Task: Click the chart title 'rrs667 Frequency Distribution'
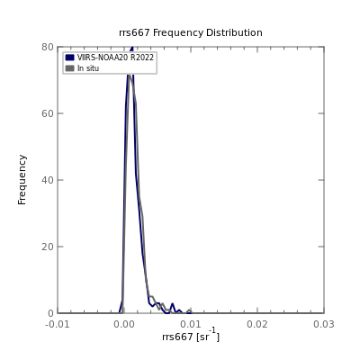click(x=191, y=32)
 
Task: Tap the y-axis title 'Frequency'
click(x=22, y=180)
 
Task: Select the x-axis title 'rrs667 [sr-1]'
click(x=191, y=336)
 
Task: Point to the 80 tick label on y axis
click(x=48, y=47)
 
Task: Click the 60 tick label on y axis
click(x=48, y=113)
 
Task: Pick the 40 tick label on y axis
click(x=48, y=180)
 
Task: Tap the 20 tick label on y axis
click(x=48, y=247)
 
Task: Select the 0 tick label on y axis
click(x=50, y=313)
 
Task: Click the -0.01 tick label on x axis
click(x=58, y=324)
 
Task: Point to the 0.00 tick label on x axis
click(x=124, y=324)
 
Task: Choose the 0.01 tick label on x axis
click(x=191, y=324)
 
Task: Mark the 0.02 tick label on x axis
click(x=257, y=324)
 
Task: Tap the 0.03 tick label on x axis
click(x=324, y=324)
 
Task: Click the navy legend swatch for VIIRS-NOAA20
click(x=69, y=58)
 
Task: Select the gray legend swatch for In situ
click(x=69, y=68)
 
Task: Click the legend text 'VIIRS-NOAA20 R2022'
click(x=115, y=58)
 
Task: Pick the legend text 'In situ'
click(x=88, y=68)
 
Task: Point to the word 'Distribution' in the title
click(x=234, y=32)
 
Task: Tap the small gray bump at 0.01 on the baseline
click(x=189, y=310)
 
